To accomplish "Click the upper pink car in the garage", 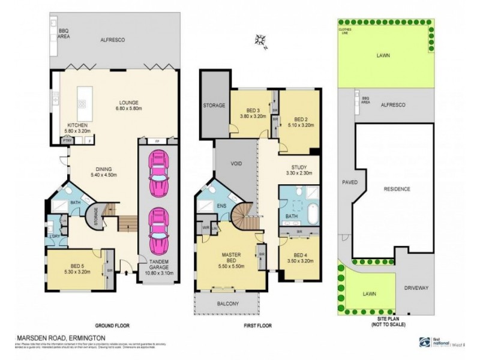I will [158, 175].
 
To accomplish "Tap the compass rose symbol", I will [261, 40].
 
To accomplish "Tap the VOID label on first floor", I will [234, 163].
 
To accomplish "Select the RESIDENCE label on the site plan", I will [397, 189].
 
